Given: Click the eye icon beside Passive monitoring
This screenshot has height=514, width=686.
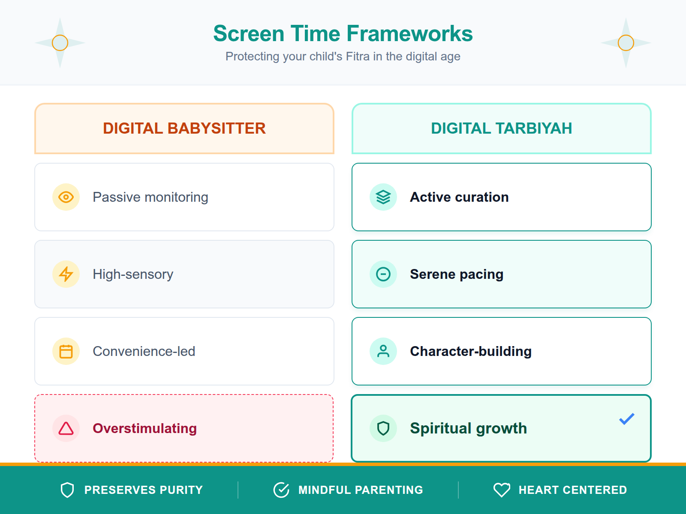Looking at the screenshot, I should click(x=66, y=197).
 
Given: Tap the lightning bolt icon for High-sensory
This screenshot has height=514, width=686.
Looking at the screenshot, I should click(x=66, y=274).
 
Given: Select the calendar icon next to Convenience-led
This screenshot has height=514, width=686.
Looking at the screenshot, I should click(x=66, y=351).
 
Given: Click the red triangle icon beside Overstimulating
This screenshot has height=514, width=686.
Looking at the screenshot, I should click(x=66, y=428).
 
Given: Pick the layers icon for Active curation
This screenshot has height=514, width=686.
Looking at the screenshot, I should click(x=383, y=197).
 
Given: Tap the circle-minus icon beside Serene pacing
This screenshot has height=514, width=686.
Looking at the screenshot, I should click(x=383, y=274).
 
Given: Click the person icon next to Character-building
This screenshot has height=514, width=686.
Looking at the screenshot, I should click(x=383, y=351).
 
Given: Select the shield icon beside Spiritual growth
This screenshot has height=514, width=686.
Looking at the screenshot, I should click(x=383, y=428).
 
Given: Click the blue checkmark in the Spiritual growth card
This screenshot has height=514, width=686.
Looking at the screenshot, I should click(x=626, y=419).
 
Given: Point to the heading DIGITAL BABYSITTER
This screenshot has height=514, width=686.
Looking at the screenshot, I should click(x=184, y=128).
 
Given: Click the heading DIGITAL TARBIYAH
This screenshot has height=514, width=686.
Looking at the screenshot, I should click(x=501, y=128).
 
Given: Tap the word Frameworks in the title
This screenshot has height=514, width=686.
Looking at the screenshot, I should click(x=409, y=34).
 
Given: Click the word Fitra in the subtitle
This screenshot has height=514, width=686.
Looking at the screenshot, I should click(x=358, y=57).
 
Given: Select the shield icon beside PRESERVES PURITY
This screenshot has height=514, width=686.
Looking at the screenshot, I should click(x=67, y=490).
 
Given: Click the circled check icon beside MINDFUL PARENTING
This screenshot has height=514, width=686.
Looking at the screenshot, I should click(x=281, y=490).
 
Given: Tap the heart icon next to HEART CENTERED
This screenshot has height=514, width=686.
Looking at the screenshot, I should click(x=502, y=490).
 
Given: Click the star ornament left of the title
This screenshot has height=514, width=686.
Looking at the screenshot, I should click(x=60, y=43).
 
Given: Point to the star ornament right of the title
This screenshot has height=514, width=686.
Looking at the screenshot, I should click(x=626, y=43).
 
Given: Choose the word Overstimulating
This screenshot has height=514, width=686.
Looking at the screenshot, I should click(x=145, y=428).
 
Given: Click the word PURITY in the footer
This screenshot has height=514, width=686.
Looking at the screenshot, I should click(x=181, y=490).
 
